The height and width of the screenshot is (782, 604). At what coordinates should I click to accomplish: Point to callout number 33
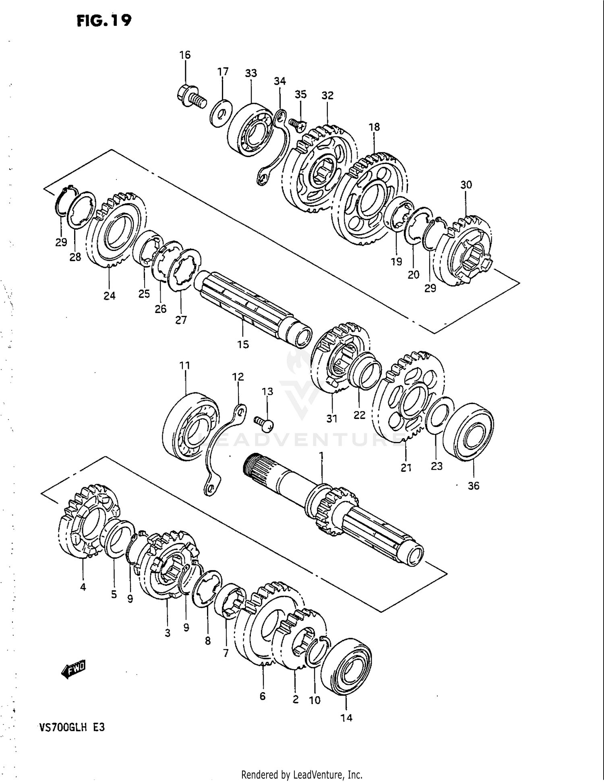pyautogui.click(x=251, y=73)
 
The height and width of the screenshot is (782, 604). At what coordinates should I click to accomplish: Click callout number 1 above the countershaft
pyautogui.click(x=321, y=455)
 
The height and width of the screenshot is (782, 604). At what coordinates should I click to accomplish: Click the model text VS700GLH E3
pyautogui.click(x=72, y=728)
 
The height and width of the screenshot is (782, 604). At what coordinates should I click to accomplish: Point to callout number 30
pyautogui.click(x=466, y=185)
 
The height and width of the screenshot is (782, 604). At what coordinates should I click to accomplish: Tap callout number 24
pyautogui.click(x=110, y=296)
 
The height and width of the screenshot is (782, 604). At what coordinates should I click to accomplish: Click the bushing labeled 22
pyautogui.click(x=366, y=370)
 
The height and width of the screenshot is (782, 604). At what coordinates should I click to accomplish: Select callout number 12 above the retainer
pyautogui.click(x=238, y=377)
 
